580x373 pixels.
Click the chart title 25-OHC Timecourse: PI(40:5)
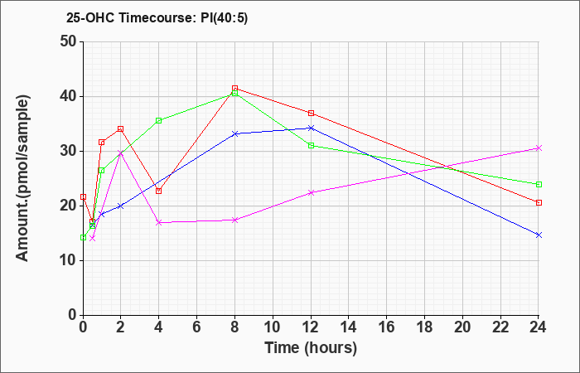tap(157, 17)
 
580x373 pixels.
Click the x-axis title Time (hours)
tap(311, 348)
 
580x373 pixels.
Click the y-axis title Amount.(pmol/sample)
tap(22, 178)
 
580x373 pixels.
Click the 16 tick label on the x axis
tap(387, 327)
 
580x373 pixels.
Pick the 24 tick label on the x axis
tap(539, 327)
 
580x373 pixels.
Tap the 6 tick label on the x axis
tap(197, 327)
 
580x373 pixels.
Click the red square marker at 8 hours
tap(234, 88)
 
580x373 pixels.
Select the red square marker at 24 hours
tap(539, 202)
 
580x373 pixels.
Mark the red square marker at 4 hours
tap(159, 191)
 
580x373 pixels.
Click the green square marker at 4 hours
tap(159, 120)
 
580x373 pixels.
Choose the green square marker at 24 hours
tap(539, 184)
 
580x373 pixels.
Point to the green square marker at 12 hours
tap(311, 145)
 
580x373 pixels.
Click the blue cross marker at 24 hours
tap(539, 235)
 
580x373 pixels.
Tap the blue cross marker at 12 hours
tap(311, 128)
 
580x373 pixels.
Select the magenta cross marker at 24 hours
tap(539, 148)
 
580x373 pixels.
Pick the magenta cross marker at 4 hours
tap(159, 222)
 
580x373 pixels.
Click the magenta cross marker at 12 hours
tap(311, 192)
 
